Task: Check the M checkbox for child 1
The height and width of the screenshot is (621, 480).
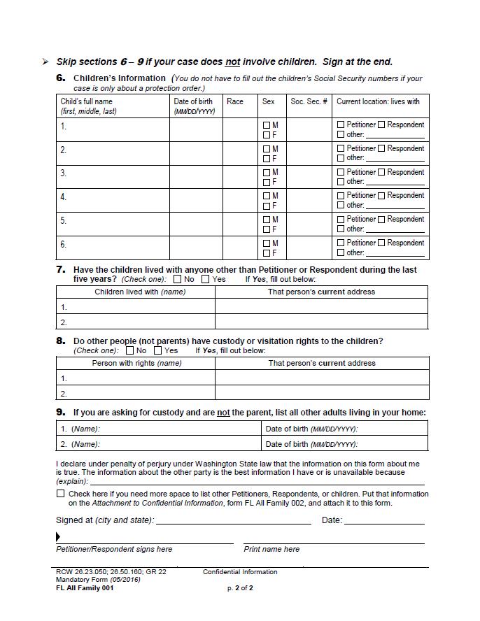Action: [267, 125]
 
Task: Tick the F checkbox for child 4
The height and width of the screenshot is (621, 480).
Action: [267, 206]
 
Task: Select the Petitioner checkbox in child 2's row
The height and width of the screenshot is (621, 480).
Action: [341, 148]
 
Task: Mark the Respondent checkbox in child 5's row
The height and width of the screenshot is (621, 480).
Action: [382, 220]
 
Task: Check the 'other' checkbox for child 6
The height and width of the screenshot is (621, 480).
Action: [341, 252]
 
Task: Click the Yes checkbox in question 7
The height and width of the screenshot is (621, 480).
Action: [206, 279]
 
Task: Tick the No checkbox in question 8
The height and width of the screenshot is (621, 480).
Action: [130, 350]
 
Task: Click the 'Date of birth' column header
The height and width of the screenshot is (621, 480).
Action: [193, 106]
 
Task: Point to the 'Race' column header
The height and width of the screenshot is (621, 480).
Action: [235, 101]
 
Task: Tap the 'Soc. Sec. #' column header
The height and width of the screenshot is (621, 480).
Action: [309, 101]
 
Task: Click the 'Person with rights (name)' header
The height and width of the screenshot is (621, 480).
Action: [136, 363]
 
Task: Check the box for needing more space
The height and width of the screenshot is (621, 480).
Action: [61, 494]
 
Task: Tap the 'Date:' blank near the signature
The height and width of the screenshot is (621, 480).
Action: [384, 520]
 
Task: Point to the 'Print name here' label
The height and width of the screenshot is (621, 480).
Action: [271, 549]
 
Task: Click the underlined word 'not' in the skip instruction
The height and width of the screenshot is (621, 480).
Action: [232, 62]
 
